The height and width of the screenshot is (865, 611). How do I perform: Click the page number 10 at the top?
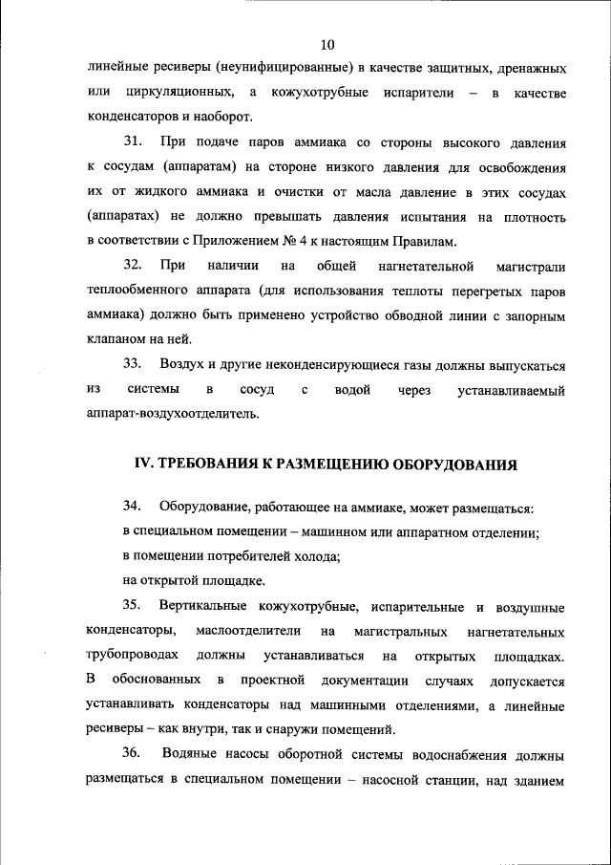(x=327, y=44)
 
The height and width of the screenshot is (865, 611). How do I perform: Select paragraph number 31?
(x=133, y=142)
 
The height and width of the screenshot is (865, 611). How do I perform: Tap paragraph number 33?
(x=133, y=364)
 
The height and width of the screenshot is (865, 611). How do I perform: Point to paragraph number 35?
(x=133, y=607)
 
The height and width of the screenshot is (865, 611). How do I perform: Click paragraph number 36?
(x=133, y=755)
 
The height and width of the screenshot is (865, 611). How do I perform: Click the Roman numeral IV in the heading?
(x=142, y=465)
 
